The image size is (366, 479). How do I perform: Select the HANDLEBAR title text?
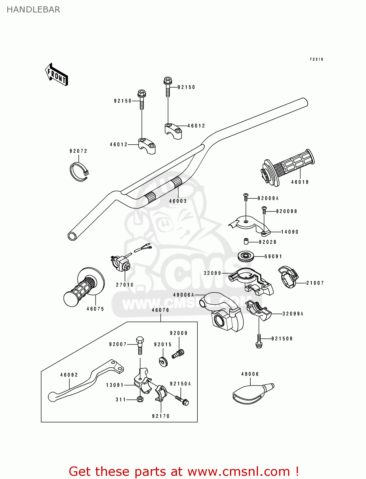(33, 10)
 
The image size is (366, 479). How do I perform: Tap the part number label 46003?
(178, 201)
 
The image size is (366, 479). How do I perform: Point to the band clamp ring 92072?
(79, 172)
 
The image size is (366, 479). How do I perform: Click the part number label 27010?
(125, 285)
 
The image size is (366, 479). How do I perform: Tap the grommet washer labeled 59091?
(246, 256)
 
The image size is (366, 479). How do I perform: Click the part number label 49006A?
(184, 295)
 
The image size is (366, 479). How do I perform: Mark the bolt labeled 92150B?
(259, 341)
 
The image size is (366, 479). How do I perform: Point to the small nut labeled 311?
(140, 399)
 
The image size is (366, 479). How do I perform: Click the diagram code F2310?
(316, 59)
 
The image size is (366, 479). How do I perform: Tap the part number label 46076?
(160, 310)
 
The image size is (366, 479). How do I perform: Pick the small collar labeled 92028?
(246, 241)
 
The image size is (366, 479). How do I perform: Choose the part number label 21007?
(315, 283)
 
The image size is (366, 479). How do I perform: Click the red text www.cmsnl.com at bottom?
(238, 472)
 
